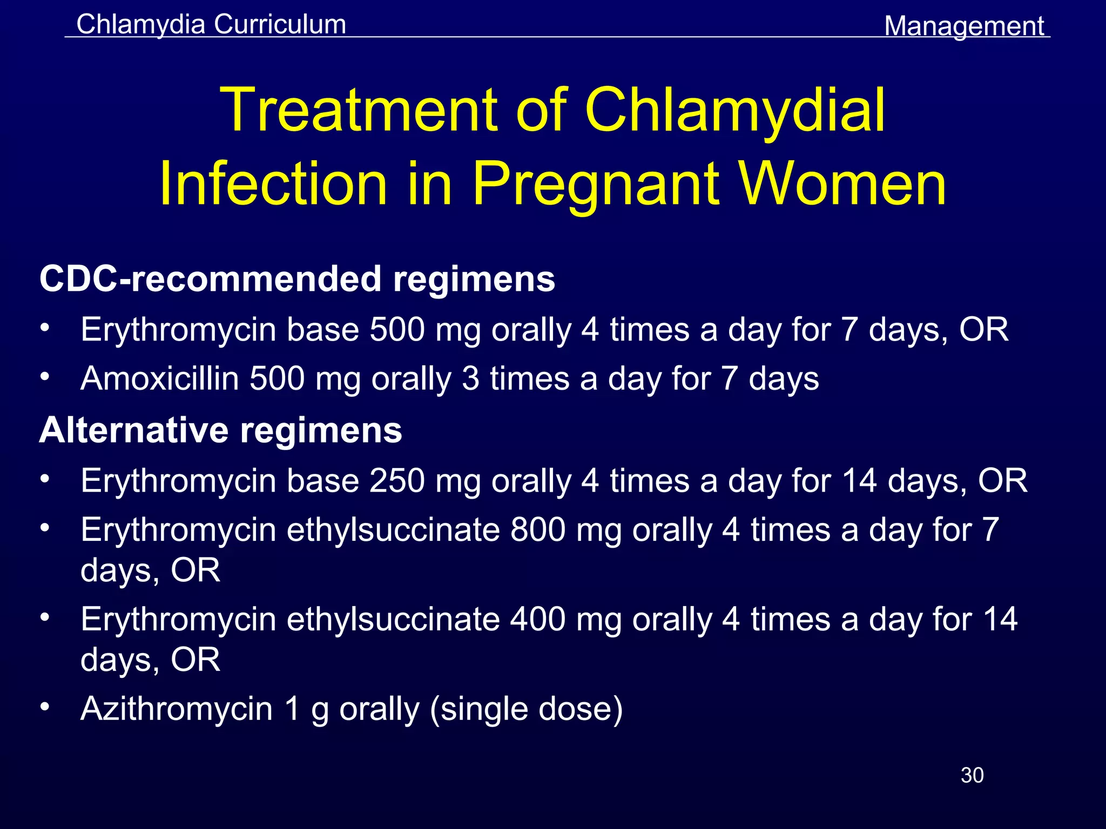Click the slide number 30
pos(972,775)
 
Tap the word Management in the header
pos(964,26)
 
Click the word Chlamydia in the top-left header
pos(141,25)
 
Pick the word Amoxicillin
pos(160,378)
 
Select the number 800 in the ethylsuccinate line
pos(538,529)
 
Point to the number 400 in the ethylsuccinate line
pos(538,619)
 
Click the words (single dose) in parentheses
pos(527,708)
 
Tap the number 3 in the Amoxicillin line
pos(470,378)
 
